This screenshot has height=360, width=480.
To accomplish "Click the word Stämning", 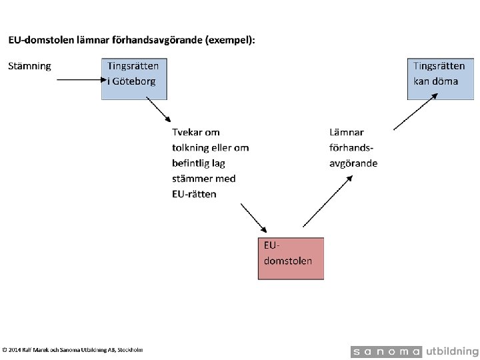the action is pos(30,66).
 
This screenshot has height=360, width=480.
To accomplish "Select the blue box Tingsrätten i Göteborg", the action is pos(135,79).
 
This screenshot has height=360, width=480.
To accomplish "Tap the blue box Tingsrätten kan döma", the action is pos(441,79).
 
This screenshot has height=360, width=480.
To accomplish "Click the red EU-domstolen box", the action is pos(291,259).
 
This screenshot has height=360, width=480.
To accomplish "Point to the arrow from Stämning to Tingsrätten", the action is pos(82,80).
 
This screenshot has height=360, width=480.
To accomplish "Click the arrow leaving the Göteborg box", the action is pos(158,109).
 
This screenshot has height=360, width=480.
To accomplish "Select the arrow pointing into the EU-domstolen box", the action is pos(253,218).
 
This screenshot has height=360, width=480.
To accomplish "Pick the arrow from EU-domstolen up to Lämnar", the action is pos(328,201).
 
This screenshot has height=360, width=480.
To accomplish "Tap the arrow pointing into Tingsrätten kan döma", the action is pos(416,112).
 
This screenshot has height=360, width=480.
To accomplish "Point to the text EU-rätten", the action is pos(194,194).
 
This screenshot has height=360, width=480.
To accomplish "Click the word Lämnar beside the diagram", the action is pos(347,132).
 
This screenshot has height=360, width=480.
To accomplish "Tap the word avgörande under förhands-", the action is pos(353,163).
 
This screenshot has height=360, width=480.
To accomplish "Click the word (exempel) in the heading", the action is pos(229,40).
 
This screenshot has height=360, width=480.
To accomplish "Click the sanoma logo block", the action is pos(386,352).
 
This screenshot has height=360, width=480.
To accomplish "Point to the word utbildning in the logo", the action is pos(452,351).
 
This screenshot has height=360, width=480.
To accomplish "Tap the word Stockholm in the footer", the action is pos(130,350).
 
